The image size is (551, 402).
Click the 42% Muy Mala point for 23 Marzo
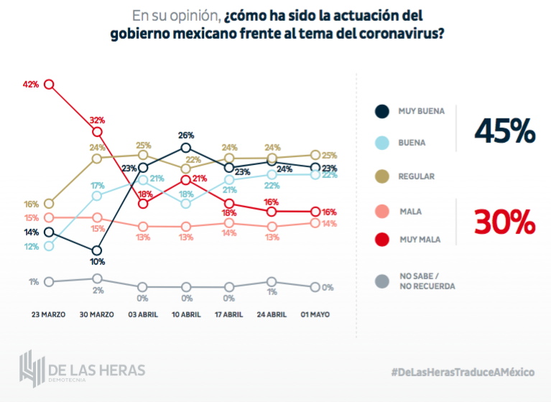(x=50, y=84)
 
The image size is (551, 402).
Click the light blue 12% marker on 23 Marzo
(x=50, y=246)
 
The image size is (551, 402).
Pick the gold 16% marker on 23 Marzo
(x=50, y=204)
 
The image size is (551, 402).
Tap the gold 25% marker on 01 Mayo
(x=315, y=155)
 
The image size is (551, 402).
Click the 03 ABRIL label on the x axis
(x=143, y=314)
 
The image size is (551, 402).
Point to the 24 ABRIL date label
(x=271, y=314)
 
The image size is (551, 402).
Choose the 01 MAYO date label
(x=315, y=314)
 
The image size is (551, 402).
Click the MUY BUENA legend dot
(x=382, y=111)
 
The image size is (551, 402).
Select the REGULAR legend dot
(x=382, y=176)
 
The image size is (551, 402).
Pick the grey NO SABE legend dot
(x=382, y=281)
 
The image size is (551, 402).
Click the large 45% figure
(x=504, y=131)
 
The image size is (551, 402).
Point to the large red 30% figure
(x=504, y=223)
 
